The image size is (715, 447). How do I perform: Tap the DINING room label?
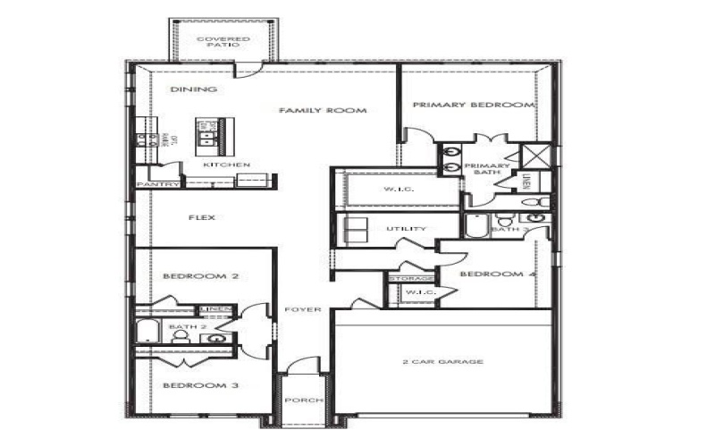pos(182,89)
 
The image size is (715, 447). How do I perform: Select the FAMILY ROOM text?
pos(310,111)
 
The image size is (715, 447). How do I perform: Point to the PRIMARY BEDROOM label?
pos(473,105)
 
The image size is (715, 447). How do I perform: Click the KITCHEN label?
pos(226,165)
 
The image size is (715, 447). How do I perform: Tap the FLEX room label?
pos(201,217)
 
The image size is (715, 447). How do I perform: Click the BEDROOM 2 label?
pos(200,277)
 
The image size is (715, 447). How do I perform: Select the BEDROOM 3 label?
pos(200,385)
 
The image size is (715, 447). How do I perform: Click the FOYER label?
pos(303,309)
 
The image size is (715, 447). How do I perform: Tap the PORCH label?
pos(303,401)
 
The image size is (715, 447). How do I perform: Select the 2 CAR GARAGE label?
pos(442,362)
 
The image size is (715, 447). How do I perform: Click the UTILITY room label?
pos(406,229)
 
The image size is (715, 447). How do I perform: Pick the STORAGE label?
pos(411,279)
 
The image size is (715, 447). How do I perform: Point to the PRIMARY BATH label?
pos(487,170)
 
